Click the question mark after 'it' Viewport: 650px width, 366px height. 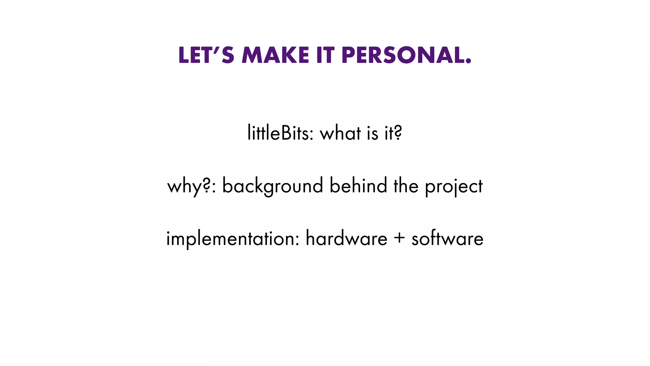398,133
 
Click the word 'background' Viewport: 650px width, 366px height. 272,186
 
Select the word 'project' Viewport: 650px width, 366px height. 454,186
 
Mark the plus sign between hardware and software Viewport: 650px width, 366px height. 399,238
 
